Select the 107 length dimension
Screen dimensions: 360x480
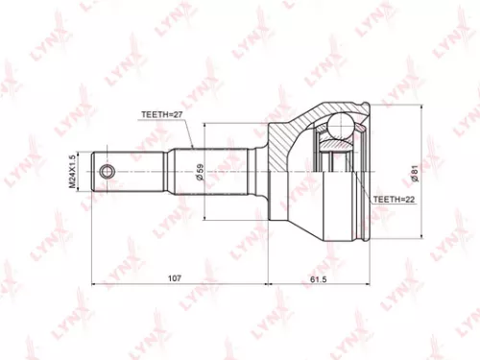click(174, 278)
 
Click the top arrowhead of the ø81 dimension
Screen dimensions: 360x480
click(418, 108)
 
